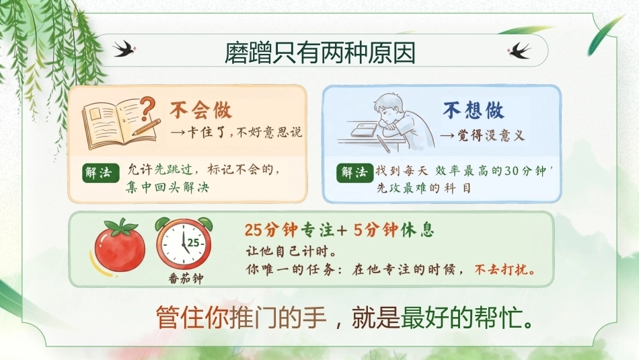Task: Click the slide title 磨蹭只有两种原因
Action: tap(320, 53)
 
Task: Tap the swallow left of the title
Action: tap(124, 48)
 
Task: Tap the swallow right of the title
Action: tap(519, 50)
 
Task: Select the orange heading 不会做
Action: tap(201, 110)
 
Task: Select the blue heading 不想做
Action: tap(474, 110)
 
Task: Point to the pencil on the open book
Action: tap(146, 127)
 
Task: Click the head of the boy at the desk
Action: tap(390, 106)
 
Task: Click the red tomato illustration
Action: tap(120, 246)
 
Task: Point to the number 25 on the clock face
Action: tap(193, 243)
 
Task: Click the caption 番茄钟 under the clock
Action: tap(186, 279)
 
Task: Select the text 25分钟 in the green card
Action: tap(270, 230)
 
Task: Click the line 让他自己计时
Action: tap(291, 252)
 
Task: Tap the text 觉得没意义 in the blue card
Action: tap(491, 135)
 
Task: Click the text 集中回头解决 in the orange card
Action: tap(167, 187)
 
